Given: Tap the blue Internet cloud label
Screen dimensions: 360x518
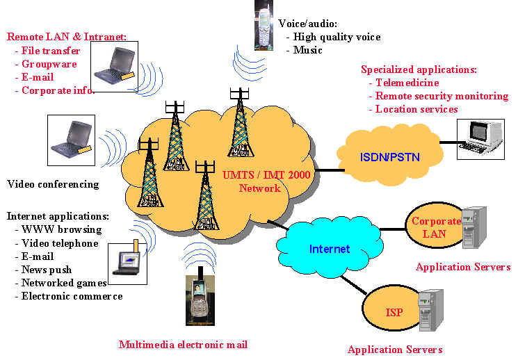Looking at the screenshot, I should coord(330,248).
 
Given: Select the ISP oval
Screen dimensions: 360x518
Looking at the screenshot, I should coord(394,312).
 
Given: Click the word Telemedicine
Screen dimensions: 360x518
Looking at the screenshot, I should coord(407,83).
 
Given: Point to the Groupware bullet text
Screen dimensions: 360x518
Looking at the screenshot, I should coord(49,64).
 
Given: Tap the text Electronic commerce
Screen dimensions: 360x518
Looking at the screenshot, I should coord(72,296).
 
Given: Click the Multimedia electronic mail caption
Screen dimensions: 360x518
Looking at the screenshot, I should coord(183,344).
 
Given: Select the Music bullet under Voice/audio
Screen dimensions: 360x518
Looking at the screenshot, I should coord(308,50).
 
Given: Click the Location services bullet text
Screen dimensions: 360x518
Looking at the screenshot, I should coord(416,109).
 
